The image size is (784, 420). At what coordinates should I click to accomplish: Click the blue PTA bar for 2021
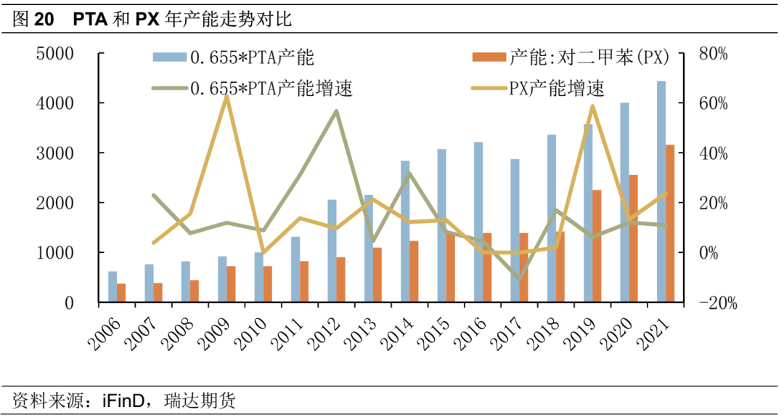[x=661, y=192]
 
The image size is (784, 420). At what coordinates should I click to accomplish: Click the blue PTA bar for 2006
[x=113, y=287]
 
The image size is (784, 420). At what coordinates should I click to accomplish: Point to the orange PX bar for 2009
[x=231, y=284]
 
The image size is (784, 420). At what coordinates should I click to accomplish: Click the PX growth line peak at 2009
[x=226, y=96]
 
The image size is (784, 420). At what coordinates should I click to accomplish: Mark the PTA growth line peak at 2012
[x=336, y=111]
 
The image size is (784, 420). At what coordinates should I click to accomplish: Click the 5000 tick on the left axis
[x=57, y=54]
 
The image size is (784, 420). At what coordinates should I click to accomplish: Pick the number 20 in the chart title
[x=44, y=20]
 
